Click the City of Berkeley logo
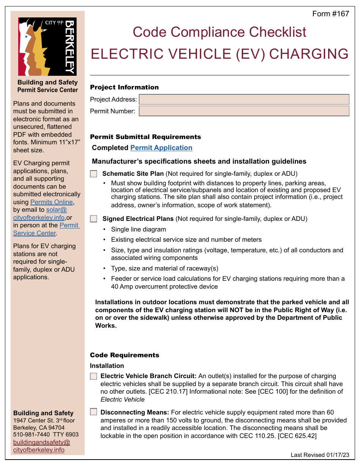(x=47, y=47)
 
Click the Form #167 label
(x=330, y=14)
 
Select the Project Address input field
(x=244, y=100)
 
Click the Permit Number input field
(x=244, y=111)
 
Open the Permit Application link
(x=161, y=148)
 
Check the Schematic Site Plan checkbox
(x=94, y=174)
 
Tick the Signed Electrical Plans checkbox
(x=94, y=219)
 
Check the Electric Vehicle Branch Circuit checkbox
(x=94, y=376)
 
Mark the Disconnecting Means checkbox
(x=94, y=412)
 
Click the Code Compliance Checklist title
(x=219, y=32)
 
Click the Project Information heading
(x=124, y=87)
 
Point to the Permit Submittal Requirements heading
(x=146, y=137)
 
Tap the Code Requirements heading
(x=124, y=355)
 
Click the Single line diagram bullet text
(x=138, y=229)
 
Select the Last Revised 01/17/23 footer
(x=320, y=455)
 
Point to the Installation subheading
(x=107, y=366)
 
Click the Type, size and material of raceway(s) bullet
(x=164, y=268)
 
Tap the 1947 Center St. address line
(x=44, y=421)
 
